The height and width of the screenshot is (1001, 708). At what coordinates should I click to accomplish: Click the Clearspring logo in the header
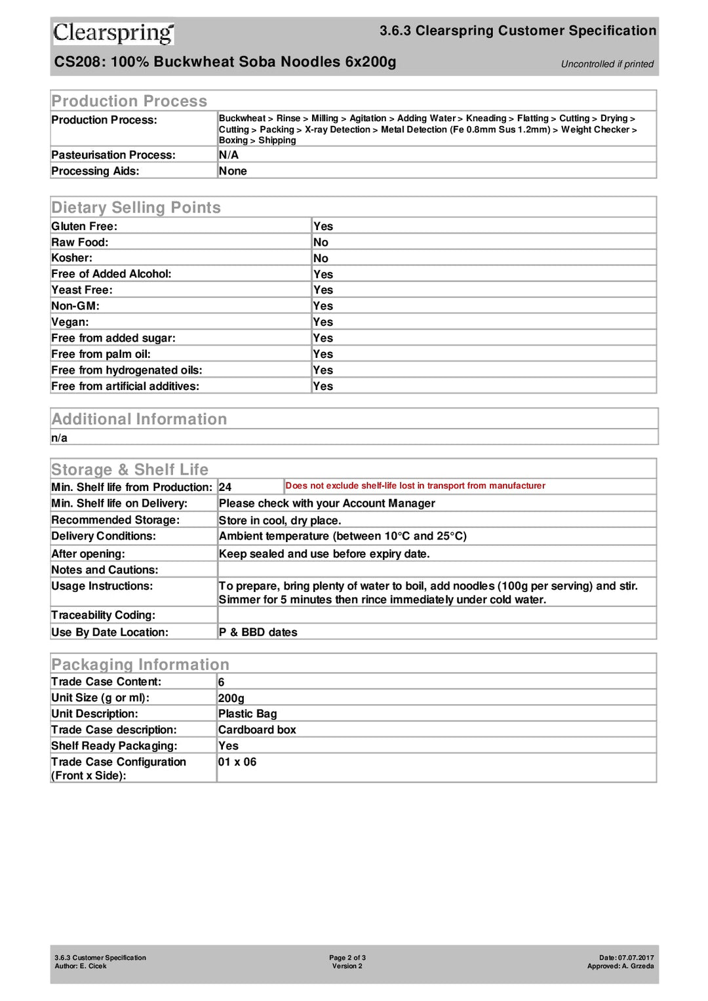113,33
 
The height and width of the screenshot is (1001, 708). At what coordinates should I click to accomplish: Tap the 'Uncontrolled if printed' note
607,64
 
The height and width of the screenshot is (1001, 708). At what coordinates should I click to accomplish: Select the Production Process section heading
129,101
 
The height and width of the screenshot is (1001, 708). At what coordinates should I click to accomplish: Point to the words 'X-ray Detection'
338,130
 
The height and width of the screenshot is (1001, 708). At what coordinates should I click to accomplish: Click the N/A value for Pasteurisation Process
229,155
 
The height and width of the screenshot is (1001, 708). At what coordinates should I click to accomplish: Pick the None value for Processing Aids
233,171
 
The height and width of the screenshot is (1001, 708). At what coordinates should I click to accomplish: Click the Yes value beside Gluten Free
323,226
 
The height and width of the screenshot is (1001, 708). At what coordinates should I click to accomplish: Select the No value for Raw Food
321,243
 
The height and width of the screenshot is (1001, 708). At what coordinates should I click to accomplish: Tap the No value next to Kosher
321,258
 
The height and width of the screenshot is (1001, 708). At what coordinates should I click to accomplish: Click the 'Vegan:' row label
70,322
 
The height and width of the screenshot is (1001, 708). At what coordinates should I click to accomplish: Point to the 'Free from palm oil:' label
101,354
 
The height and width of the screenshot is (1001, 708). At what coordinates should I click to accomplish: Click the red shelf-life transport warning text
415,486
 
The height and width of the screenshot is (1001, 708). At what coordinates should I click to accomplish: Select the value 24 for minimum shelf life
225,487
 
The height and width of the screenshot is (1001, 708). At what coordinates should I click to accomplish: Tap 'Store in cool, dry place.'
280,520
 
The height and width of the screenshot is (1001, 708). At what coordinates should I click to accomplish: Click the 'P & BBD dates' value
258,633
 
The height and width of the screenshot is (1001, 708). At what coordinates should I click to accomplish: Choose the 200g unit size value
231,698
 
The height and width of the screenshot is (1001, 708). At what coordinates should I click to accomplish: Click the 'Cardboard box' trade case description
257,730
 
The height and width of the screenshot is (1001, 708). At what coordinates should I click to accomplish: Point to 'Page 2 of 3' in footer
347,958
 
